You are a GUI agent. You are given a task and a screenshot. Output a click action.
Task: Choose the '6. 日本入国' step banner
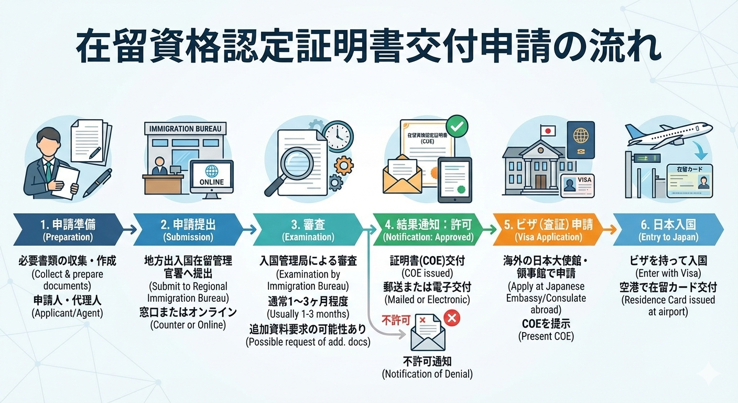pyautogui.click(x=668, y=230)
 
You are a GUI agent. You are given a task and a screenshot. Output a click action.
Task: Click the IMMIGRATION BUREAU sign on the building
pyautogui.click(x=186, y=129)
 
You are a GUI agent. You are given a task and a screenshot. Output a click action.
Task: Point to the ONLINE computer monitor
pyautogui.click(x=211, y=176)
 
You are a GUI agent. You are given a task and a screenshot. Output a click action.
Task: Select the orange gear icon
pyautogui.click(x=344, y=165)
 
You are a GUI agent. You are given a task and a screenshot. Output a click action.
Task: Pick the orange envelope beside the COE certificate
pyautogui.click(x=402, y=174)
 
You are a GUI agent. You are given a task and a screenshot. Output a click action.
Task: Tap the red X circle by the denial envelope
pyautogui.click(x=451, y=317)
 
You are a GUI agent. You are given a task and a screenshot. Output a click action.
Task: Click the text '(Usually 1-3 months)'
pyautogui.click(x=308, y=314)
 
